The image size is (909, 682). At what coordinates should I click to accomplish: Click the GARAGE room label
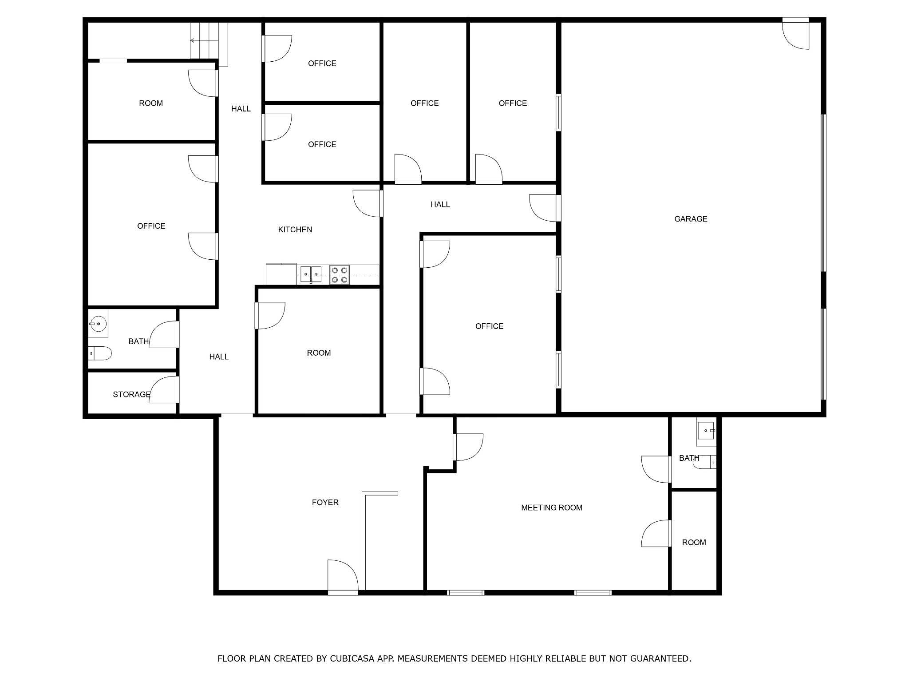click(691, 218)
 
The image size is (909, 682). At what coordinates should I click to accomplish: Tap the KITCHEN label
click(295, 230)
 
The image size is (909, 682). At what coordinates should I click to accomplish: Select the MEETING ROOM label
click(552, 508)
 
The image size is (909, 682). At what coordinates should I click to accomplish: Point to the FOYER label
click(325, 502)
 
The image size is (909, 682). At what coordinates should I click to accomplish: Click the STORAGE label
click(131, 394)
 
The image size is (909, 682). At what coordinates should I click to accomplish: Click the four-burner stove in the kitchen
click(340, 275)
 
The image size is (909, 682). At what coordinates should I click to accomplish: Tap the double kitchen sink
click(311, 274)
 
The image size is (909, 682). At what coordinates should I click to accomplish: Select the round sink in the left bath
click(98, 324)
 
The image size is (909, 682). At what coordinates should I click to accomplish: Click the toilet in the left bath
click(100, 353)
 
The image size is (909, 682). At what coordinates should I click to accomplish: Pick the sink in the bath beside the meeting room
click(705, 430)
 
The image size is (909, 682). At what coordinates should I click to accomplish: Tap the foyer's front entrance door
click(343, 576)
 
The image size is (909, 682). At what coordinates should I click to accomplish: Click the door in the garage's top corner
click(795, 34)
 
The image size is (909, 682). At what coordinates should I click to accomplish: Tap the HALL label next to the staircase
click(241, 108)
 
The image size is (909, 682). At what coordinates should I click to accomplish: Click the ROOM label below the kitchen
click(319, 353)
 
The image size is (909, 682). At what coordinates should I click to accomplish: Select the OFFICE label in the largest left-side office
click(151, 226)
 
